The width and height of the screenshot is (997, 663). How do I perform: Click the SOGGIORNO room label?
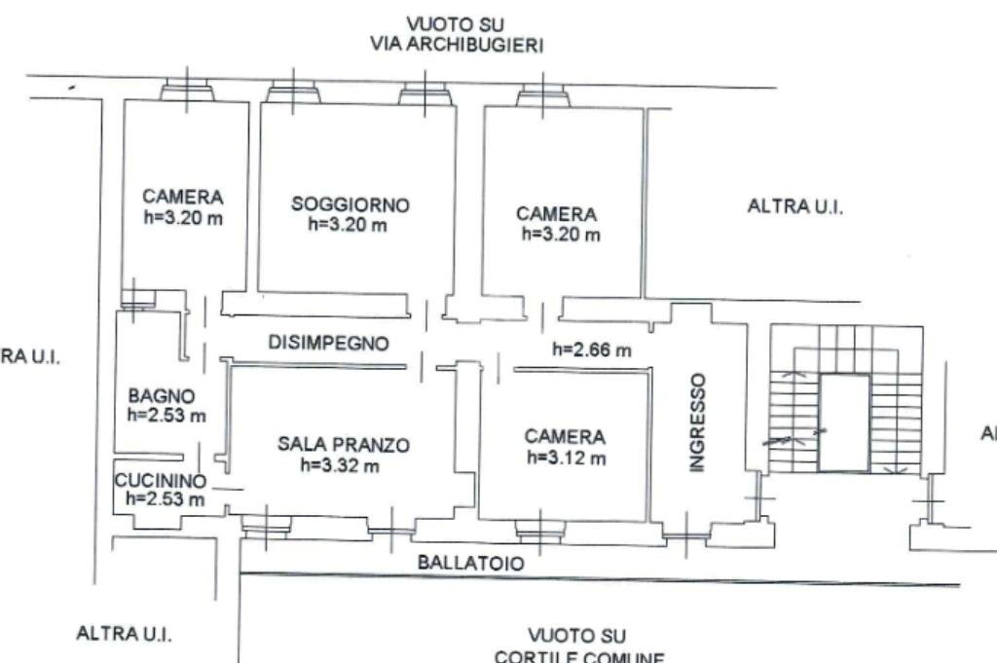point(351,204)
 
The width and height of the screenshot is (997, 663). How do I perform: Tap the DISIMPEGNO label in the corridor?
point(328,343)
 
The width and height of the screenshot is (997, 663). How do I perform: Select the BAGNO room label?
point(162,396)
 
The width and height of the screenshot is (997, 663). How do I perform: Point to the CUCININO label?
point(160,480)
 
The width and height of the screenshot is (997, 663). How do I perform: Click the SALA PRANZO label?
point(344,445)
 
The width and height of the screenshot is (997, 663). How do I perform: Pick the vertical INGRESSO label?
point(696,423)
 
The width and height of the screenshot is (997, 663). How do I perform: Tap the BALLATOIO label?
point(470,563)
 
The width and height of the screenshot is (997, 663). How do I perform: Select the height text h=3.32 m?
point(340,464)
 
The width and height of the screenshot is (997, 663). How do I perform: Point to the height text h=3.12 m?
point(566,458)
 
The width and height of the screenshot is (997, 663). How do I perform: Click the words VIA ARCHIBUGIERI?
point(457,45)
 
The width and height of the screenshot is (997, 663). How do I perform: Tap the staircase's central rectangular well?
point(843,423)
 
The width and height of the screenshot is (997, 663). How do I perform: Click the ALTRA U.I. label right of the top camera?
point(794,206)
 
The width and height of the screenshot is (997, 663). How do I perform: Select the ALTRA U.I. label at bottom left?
point(124,634)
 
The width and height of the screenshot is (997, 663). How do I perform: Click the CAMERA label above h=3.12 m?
point(565,437)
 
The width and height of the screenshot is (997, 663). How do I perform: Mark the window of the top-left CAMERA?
point(186,92)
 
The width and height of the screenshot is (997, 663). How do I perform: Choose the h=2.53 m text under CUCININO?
point(166,499)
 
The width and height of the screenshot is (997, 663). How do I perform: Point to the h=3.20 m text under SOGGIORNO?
point(348,224)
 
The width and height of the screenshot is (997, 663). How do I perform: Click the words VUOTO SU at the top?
point(457,24)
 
